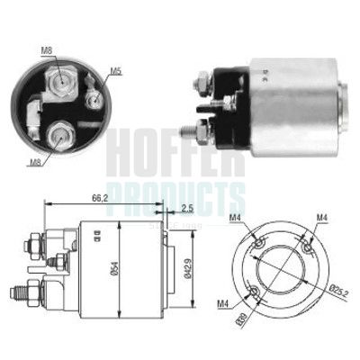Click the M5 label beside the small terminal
(115, 71)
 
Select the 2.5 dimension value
(186, 209)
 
